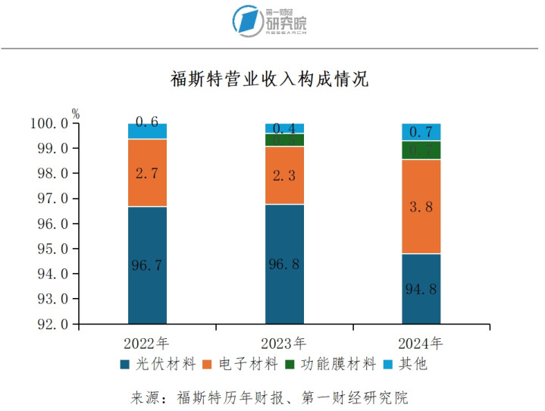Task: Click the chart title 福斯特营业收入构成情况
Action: [x=270, y=79]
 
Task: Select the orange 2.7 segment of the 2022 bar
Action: [x=147, y=173]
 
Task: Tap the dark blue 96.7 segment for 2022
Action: [x=147, y=265]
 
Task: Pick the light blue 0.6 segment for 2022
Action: [x=147, y=131]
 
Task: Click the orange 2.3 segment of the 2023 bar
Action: [x=284, y=175]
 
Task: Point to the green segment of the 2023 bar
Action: [x=284, y=140]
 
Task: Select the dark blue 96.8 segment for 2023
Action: [x=284, y=264]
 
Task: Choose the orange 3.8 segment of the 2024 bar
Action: [x=421, y=206]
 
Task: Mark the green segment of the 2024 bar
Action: [x=421, y=150]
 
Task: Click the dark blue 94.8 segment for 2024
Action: [x=421, y=289]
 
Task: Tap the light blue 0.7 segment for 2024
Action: [x=421, y=132]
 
